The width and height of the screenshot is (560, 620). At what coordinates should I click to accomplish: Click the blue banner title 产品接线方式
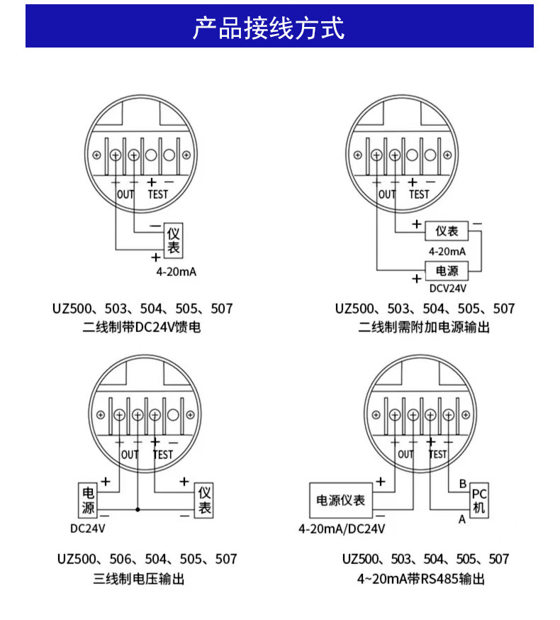pos(269,28)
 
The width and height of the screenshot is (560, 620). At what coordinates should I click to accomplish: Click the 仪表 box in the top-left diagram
pos(174,240)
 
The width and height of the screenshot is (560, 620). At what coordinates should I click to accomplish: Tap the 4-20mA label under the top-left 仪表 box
pos(177,272)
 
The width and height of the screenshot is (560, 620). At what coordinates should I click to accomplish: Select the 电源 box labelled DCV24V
pos(447,271)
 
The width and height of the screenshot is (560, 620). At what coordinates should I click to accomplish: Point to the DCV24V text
pos(448,288)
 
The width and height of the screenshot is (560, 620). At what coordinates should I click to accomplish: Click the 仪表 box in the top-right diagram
pos(447,231)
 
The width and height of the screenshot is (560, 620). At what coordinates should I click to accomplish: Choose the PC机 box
pos(479,500)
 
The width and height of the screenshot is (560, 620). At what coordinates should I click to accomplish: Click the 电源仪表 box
pos(341,500)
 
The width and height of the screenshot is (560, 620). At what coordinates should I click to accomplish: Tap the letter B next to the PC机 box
pos(463,484)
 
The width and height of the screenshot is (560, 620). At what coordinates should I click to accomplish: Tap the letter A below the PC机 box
pos(462,519)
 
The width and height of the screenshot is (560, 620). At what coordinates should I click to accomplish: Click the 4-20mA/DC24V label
pos(342,529)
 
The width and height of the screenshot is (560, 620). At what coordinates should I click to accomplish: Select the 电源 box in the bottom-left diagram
pos(88,500)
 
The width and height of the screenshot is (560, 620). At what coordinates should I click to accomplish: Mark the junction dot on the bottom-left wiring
pos(138,509)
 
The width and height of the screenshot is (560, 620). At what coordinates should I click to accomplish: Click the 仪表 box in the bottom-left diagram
pos(204,500)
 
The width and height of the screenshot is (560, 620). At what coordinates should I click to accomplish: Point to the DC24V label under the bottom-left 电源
pos(88,528)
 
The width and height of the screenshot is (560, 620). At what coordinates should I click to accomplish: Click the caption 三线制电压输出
pos(139,579)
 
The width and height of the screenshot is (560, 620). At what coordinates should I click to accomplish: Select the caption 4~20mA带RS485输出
pos(421,579)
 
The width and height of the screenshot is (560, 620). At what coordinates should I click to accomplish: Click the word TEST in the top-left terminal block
pos(158,194)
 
